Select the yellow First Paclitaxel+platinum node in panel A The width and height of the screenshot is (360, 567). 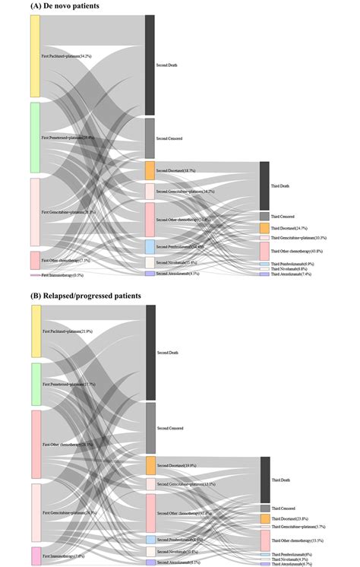pyautogui.click(x=35, y=55)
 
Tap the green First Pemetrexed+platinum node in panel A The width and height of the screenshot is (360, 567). pyautogui.click(x=35, y=138)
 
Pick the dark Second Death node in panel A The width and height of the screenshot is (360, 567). pyautogui.click(x=150, y=65)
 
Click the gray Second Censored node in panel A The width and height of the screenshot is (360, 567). pyautogui.click(x=150, y=138)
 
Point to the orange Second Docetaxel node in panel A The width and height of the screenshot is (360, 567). pyautogui.click(x=150, y=170)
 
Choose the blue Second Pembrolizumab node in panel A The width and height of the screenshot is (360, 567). pyautogui.click(x=150, y=247)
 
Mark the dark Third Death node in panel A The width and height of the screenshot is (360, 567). pyautogui.click(x=264, y=185)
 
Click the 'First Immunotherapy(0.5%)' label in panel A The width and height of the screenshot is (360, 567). pyautogui.click(x=65, y=275)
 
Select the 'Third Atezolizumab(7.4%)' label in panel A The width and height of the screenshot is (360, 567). pyautogui.click(x=291, y=274)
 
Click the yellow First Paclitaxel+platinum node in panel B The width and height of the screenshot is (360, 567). pyautogui.click(x=35, y=331)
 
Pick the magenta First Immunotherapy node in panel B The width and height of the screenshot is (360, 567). pyautogui.click(x=35, y=556)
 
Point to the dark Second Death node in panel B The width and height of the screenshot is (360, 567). pyautogui.click(x=150, y=352)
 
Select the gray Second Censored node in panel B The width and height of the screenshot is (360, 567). pyautogui.click(x=150, y=428)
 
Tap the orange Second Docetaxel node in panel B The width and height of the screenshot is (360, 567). pyautogui.click(x=150, y=465)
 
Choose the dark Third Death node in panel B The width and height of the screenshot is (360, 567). pyautogui.click(x=265, y=480)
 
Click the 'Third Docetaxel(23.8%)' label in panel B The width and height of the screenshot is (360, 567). pyautogui.click(x=292, y=518)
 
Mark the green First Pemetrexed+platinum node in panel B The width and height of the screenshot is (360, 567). pyautogui.click(x=35, y=384)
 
